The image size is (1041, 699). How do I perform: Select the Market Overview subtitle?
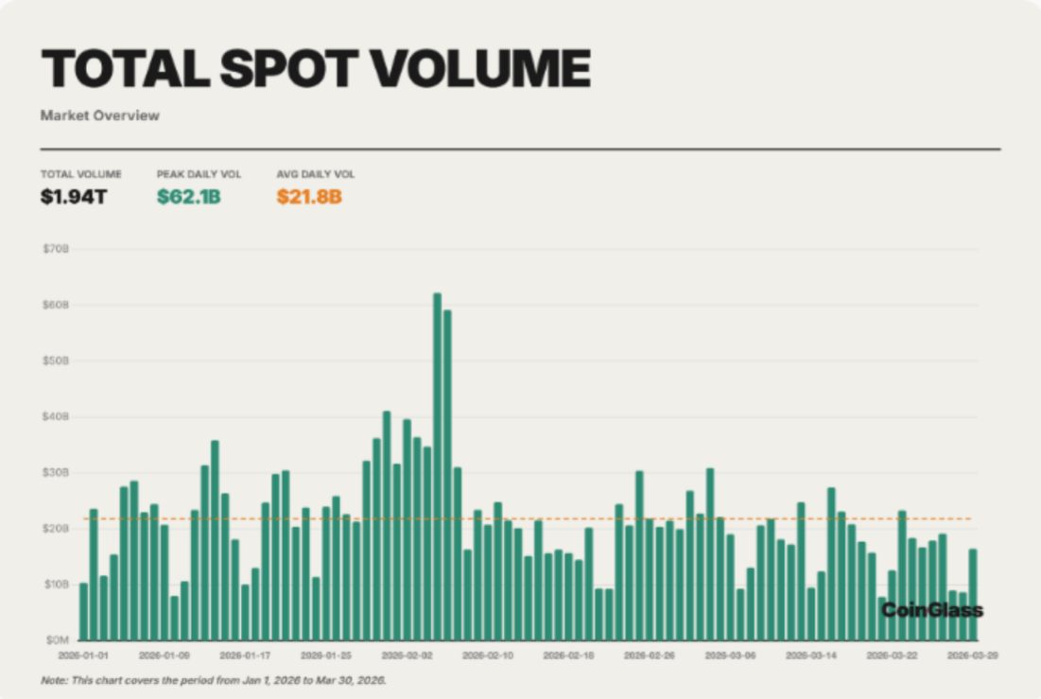click(100, 115)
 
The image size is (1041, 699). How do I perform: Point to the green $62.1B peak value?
click(188, 198)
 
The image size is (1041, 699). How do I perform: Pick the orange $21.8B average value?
click(309, 198)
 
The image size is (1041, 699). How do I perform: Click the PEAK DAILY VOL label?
click(199, 175)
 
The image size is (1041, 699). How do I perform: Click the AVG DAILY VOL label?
click(316, 175)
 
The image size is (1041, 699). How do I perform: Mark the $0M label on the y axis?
click(58, 640)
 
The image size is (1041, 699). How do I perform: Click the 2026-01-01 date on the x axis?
click(83, 655)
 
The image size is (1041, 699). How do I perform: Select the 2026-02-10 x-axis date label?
click(490, 655)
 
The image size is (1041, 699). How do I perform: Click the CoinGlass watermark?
click(931, 611)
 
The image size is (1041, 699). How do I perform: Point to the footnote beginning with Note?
click(214, 680)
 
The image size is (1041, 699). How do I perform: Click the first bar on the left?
click(83, 611)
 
